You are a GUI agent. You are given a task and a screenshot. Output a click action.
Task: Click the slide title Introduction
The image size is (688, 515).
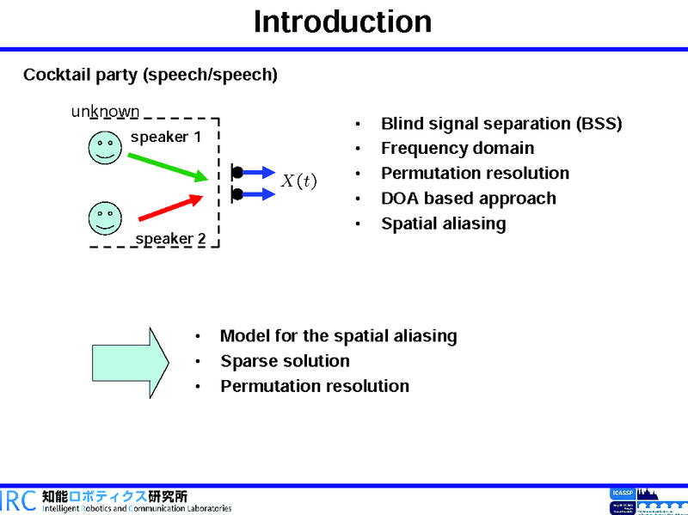click(x=342, y=22)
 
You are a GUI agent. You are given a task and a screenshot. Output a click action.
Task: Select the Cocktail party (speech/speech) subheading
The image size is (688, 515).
click(x=150, y=76)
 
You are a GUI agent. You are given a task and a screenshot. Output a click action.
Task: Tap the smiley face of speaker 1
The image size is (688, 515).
click(x=104, y=148)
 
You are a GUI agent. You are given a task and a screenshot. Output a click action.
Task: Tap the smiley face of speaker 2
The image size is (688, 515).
click(x=104, y=218)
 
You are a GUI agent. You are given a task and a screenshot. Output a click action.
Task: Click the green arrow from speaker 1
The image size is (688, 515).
click(x=168, y=167)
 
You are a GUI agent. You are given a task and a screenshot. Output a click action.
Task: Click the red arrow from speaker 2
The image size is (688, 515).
click(x=171, y=206)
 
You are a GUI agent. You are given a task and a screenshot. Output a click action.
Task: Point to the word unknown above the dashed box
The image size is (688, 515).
click(x=105, y=112)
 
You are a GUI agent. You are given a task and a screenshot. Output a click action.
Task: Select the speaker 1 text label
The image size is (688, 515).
click(x=166, y=137)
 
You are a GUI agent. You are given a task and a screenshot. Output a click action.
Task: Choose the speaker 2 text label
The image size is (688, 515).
click(x=170, y=239)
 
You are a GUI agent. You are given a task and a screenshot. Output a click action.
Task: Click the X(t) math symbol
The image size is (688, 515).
click(x=299, y=181)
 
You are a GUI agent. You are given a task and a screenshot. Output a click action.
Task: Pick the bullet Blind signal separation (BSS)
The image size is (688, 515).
click(x=501, y=124)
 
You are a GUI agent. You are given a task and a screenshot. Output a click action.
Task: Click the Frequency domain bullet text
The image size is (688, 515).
click(x=458, y=149)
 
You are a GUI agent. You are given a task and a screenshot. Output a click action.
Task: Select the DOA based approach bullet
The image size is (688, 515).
click(x=469, y=199)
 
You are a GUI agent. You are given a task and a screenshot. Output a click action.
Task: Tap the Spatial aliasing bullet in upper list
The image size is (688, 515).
click(x=444, y=224)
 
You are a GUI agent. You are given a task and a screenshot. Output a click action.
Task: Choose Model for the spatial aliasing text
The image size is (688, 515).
click(x=338, y=336)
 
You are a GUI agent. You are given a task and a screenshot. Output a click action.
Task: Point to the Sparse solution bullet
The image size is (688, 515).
click(x=285, y=361)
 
